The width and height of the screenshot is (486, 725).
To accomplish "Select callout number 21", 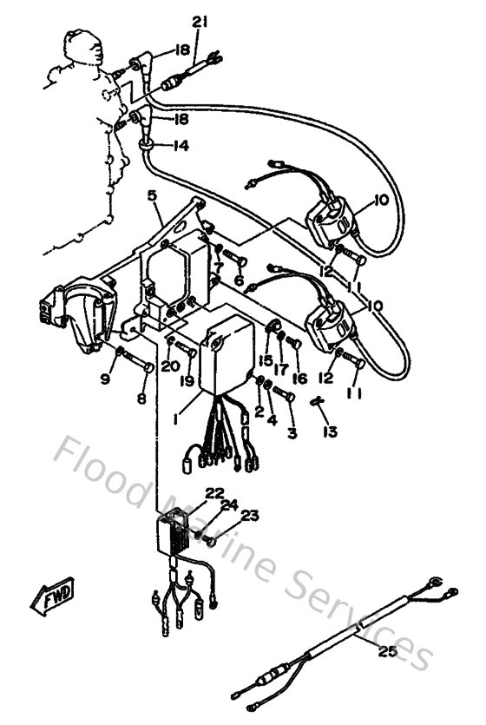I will [x=200, y=22].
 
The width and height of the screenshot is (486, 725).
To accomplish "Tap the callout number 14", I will [x=179, y=146].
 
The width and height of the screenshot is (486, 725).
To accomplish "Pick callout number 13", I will [x=329, y=432].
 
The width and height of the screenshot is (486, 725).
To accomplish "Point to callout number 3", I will [x=292, y=432].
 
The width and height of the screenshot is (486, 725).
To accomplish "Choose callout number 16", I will [x=300, y=379].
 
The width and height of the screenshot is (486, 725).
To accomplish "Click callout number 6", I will [x=239, y=280].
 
